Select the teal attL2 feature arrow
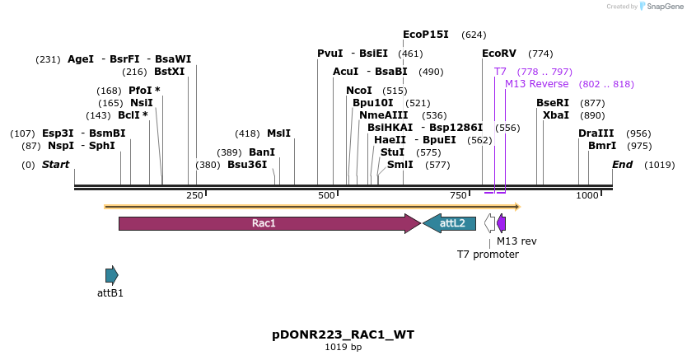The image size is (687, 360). point(450,223)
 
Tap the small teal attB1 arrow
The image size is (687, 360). point(111,275)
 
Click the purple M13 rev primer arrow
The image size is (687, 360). point(502,223)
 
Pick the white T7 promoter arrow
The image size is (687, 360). point(490,223)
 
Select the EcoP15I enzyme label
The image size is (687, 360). point(425,35)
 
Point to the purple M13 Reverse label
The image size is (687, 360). point(536,84)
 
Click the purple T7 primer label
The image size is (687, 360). point(500,72)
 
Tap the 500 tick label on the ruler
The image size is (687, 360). point(327,195)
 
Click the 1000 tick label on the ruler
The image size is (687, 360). point(587,195)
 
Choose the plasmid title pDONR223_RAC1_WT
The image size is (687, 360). point(343,334)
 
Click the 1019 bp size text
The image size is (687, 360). point(343,348)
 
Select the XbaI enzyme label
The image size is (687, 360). point(555,115)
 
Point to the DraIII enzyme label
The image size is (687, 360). point(596,133)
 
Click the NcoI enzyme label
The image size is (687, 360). point(358,91)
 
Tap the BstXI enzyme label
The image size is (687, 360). point(170,72)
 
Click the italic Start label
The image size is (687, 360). point(55,165)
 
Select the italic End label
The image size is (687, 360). point(622,165)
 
